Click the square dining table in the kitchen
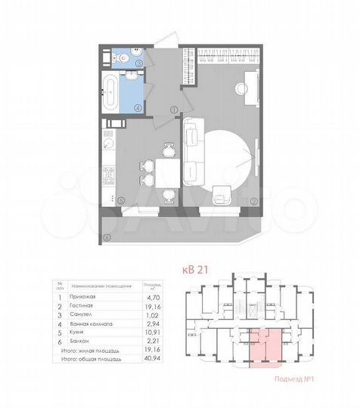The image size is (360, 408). (x=166, y=171)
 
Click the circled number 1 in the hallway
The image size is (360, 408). (x=173, y=110)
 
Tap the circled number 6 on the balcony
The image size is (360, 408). (x=107, y=238)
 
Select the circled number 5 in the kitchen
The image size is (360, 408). (x=121, y=199)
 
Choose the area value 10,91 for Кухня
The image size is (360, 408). (x=145, y=332)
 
